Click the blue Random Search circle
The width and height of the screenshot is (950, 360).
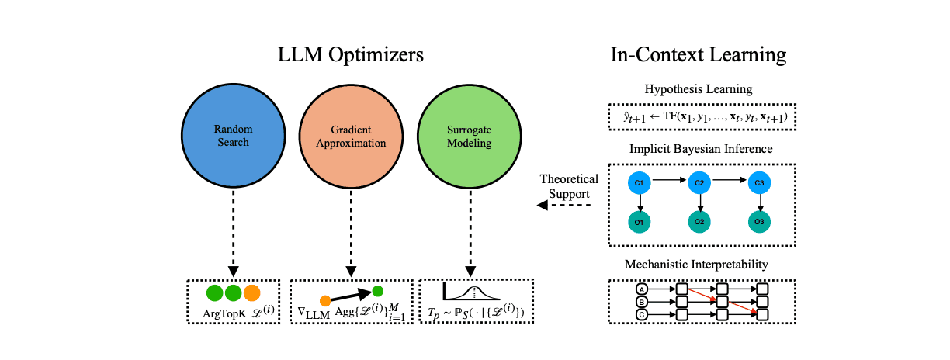pos(234,136)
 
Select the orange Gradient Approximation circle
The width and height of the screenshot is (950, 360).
pos(351,136)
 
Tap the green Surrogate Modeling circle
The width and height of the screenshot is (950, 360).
pos(470,136)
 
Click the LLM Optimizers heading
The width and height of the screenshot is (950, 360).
pos(350,55)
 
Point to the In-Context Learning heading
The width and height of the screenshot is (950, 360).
pos(698,55)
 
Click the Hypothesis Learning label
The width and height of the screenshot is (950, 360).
pos(699,89)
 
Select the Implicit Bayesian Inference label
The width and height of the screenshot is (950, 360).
pos(701,149)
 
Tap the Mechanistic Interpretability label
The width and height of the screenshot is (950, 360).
pos(696,264)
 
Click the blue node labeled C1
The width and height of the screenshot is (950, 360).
pos(639,183)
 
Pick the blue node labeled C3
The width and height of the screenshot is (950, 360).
pos(759,183)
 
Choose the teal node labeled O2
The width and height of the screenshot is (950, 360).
pos(699,222)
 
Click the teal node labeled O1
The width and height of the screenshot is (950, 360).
pos(639,222)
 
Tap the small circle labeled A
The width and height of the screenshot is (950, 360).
pos(642,289)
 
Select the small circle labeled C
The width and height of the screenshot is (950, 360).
pos(642,315)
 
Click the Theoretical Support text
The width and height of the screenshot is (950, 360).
pos(569,186)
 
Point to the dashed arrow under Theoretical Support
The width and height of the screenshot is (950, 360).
pos(563,206)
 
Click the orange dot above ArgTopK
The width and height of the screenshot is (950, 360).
pos(251,293)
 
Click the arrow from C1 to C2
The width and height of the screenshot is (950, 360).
pos(669,180)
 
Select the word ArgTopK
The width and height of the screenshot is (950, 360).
pos(224,313)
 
